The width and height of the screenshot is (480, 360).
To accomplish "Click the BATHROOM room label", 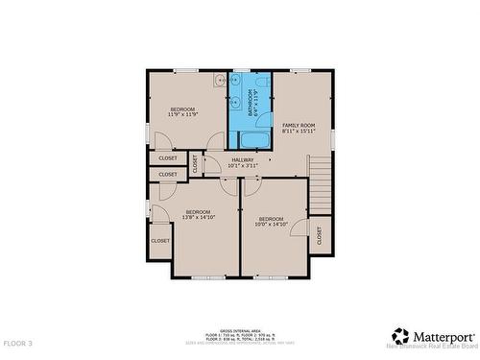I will [252, 102].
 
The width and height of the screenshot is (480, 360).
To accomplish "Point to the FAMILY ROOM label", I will [299, 126].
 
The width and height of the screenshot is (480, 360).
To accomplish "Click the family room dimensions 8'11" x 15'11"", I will [299, 132].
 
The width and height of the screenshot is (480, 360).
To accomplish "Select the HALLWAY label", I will [242, 159].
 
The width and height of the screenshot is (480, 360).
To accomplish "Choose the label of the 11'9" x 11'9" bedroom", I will [182, 109].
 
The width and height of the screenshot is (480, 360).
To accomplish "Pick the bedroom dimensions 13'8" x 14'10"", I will [198, 217].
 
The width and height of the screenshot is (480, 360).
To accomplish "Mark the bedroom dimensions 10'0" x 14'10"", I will [272, 225].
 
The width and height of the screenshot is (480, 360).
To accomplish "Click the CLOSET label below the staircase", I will [319, 234].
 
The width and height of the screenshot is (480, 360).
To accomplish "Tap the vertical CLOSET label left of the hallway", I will [195, 164].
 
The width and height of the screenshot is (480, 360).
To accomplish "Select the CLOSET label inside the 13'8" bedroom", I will [159, 240].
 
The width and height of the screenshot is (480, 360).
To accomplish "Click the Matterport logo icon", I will [398, 335].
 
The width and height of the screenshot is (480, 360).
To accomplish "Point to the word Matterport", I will [444, 335].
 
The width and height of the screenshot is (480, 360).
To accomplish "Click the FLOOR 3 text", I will [17, 343].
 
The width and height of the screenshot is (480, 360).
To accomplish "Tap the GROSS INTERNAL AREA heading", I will [239, 328].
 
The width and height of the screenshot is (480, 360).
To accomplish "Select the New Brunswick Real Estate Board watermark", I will [431, 345].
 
